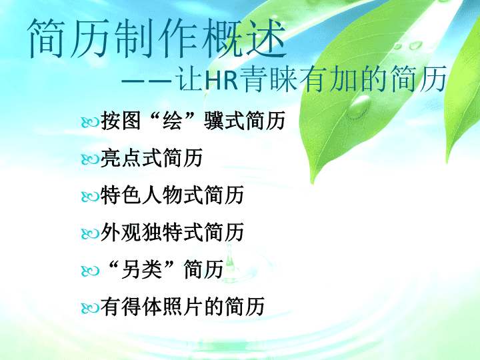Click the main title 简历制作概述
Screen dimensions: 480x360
click(157, 38)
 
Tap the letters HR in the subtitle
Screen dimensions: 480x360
click(221, 80)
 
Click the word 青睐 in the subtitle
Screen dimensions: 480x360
click(268, 79)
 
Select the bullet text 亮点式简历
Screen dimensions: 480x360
click(151, 157)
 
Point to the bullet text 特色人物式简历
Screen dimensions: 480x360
click(172, 195)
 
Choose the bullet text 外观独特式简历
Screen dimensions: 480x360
click(172, 232)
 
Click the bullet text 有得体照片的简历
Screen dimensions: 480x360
click(183, 306)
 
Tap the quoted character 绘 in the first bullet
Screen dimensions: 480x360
click(173, 120)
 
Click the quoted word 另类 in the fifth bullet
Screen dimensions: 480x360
click(141, 269)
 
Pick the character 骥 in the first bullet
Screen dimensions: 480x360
click(214, 120)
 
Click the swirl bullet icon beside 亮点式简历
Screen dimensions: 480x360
click(90, 159)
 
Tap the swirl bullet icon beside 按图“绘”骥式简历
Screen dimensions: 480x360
click(90, 123)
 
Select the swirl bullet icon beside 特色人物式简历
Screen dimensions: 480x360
click(90, 197)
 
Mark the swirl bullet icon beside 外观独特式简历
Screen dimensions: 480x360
click(90, 234)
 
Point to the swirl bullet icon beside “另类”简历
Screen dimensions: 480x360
click(90, 271)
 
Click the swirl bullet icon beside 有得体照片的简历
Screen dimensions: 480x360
click(90, 308)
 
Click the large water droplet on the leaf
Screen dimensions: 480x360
click(359, 107)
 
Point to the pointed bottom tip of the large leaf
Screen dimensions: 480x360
click(312, 183)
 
